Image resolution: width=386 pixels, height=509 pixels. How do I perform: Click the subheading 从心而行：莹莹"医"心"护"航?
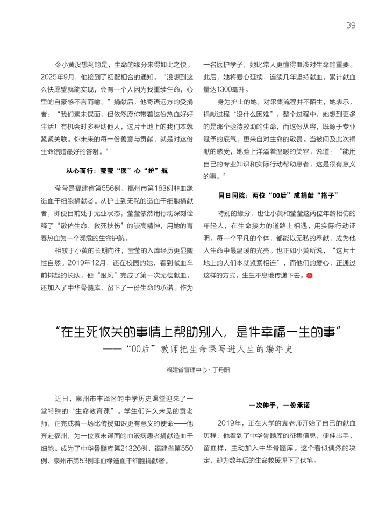(x=117, y=170)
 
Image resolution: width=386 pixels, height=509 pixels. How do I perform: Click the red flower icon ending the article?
(x=309, y=276)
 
